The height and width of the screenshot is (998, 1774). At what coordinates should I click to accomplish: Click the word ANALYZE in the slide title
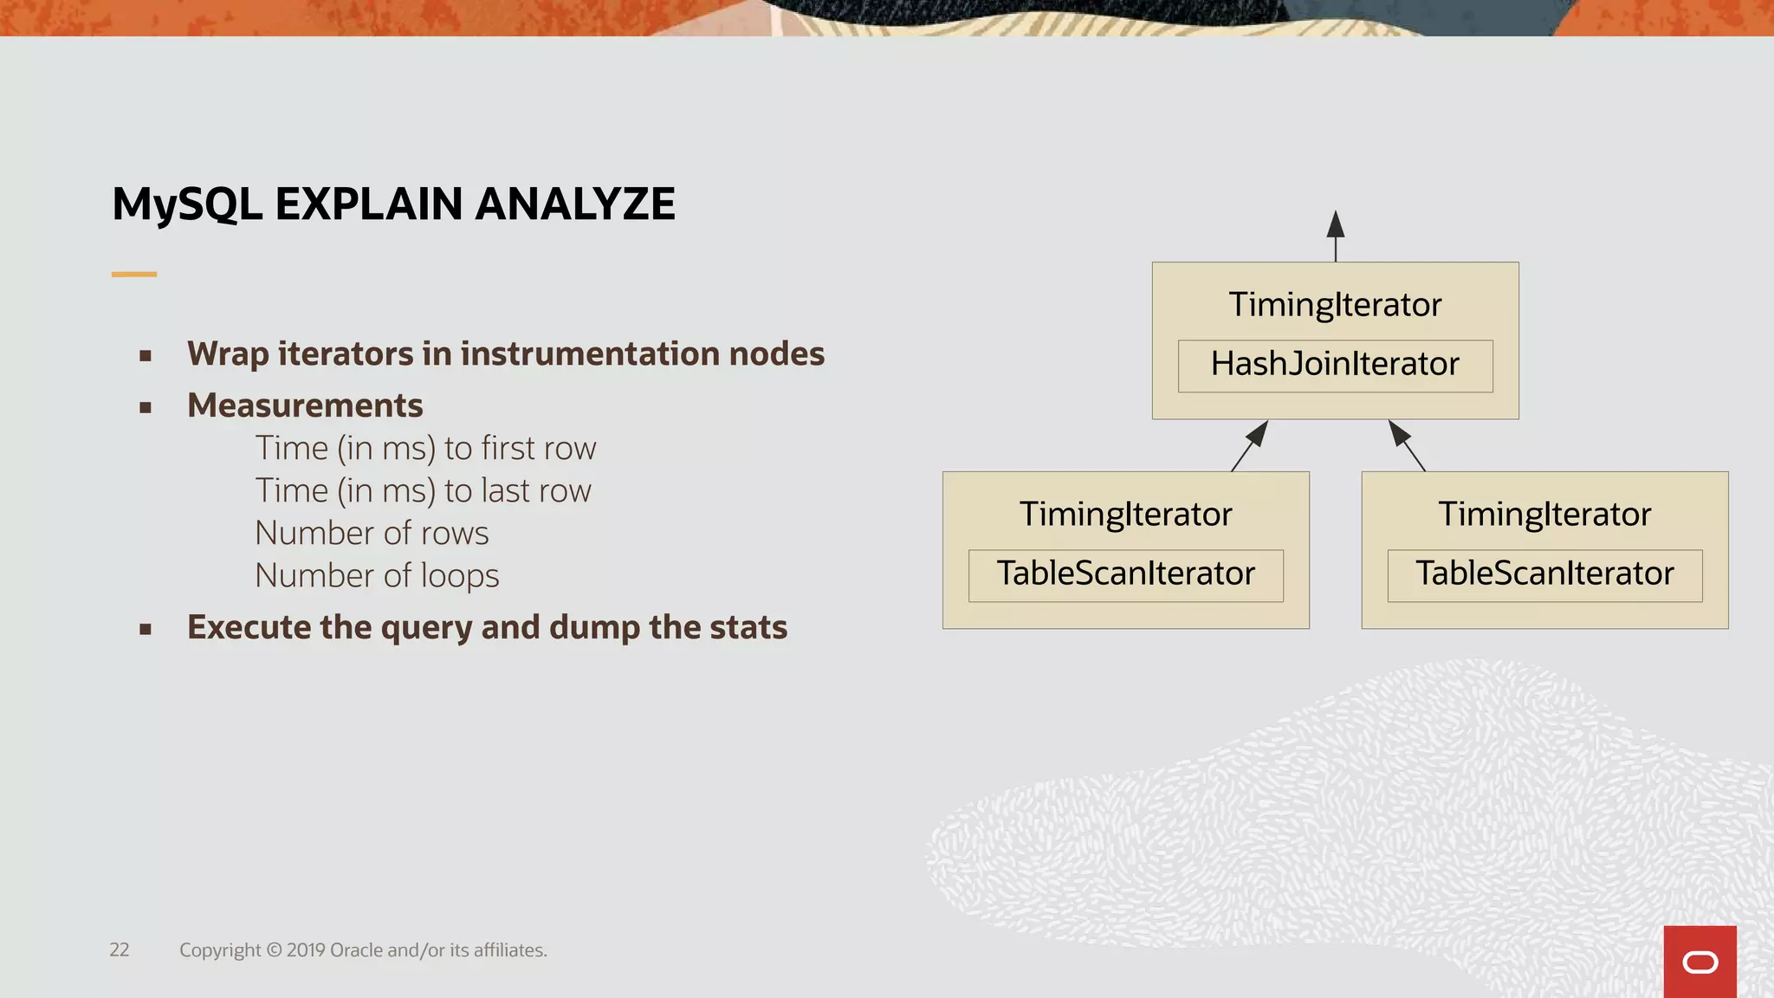[574, 204]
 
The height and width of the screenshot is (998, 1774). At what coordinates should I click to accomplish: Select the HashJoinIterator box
[1335, 365]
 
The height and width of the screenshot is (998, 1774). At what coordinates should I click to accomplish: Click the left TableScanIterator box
[1125, 574]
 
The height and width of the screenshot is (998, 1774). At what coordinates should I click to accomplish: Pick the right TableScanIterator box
[1544, 574]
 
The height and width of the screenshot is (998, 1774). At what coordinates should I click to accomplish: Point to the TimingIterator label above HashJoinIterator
[1335, 305]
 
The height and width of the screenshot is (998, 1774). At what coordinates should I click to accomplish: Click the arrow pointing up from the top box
[1336, 236]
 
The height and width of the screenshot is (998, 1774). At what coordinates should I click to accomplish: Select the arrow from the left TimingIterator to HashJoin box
[1250, 445]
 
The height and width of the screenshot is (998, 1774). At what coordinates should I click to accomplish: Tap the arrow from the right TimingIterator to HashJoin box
[1407, 445]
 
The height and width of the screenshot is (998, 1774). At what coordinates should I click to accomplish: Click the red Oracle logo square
[1700, 962]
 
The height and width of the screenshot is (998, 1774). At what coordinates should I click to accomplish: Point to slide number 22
[120, 950]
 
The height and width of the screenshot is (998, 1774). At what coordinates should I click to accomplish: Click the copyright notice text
[363, 950]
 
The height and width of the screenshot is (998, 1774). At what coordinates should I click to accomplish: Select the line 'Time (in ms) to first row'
[425, 449]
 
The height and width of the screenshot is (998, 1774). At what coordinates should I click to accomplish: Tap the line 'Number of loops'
[377, 576]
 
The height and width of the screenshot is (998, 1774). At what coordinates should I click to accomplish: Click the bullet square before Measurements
[146, 407]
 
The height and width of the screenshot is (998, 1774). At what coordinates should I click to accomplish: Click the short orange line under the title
[134, 274]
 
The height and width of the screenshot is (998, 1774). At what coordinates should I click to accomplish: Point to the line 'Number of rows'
[372, 534]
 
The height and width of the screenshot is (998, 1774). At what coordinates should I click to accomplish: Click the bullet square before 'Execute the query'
[146, 629]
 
